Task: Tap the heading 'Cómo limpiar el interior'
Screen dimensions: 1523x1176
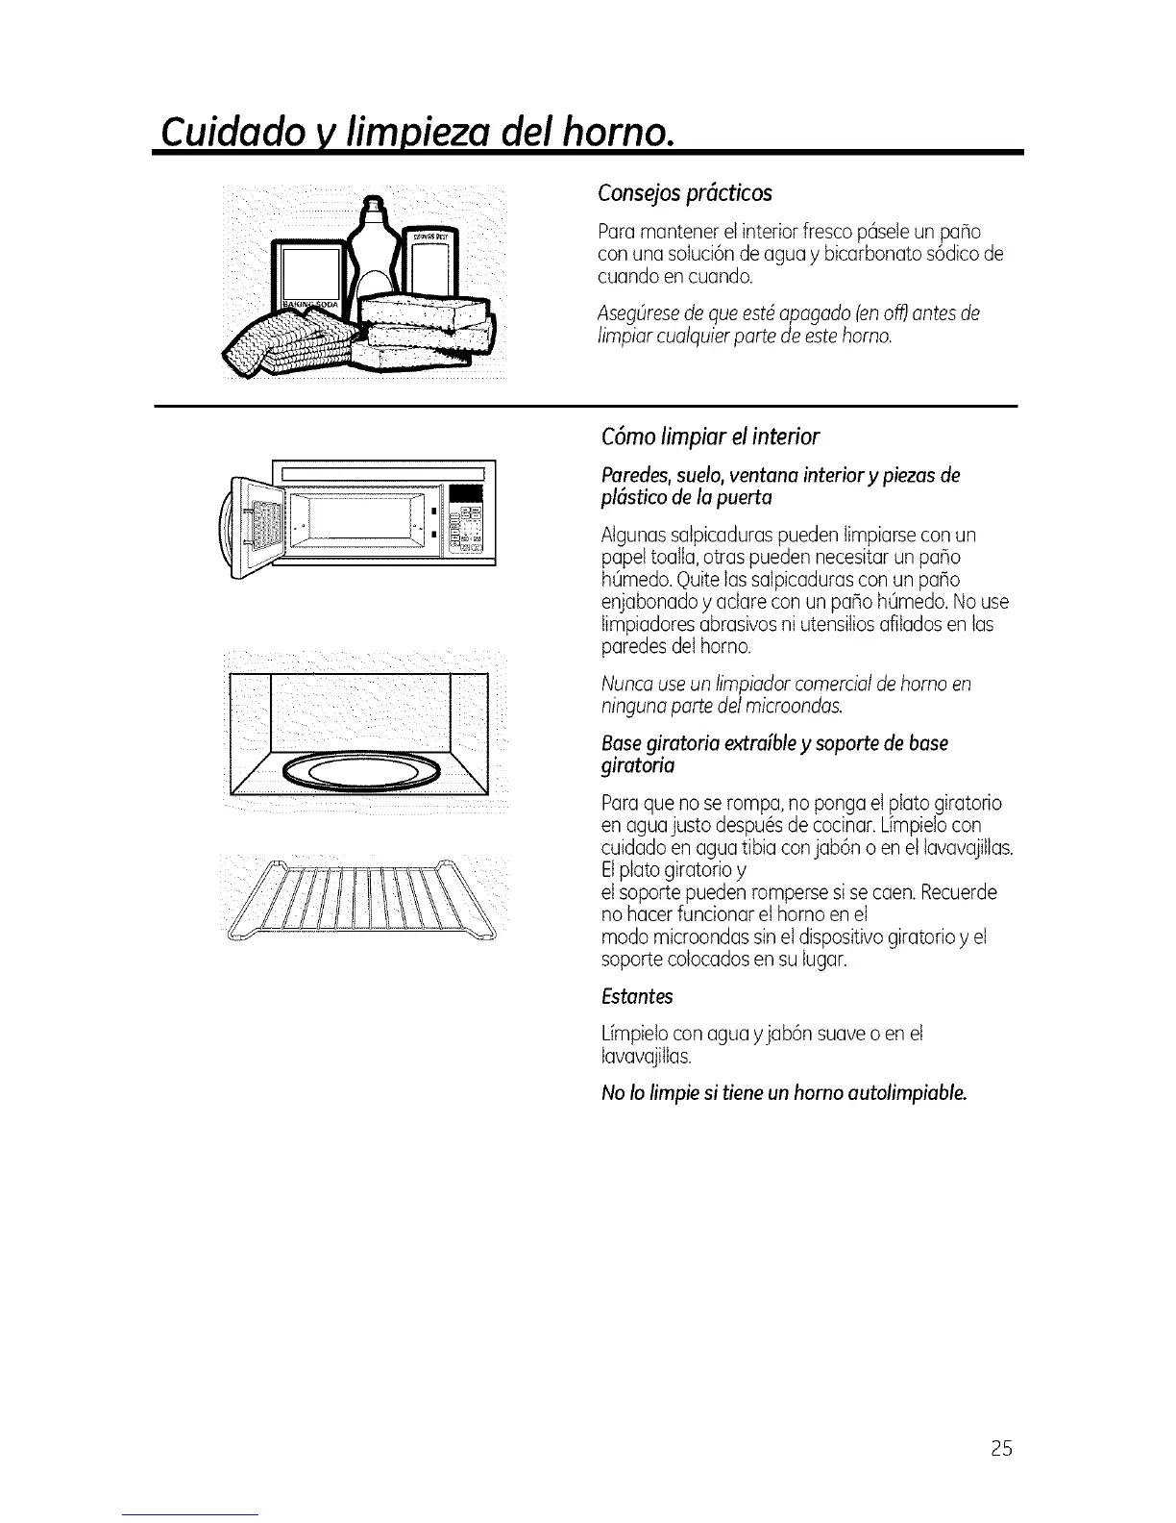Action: pyautogui.click(x=709, y=437)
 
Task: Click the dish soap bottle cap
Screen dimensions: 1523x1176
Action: pyautogui.click(x=373, y=205)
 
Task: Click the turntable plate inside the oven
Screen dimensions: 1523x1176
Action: pyautogui.click(x=361, y=770)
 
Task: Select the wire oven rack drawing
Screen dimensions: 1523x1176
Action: pyautogui.click(x=361, y=899)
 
